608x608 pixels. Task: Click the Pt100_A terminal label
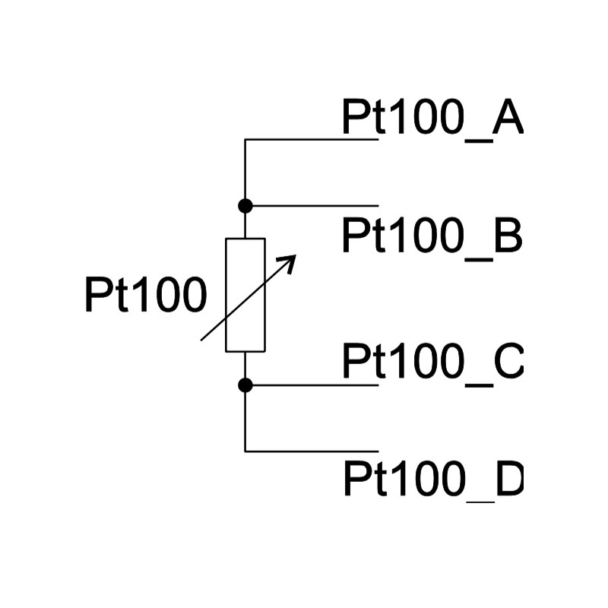coord(432,119)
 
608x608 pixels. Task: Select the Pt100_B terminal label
coord(432,237)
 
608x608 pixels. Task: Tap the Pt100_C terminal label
coord(432,363)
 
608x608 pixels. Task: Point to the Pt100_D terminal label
coord(433,480)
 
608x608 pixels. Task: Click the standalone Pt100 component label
coord(146,295)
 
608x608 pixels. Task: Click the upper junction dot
coord(245,205)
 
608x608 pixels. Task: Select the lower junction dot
coord(245,385)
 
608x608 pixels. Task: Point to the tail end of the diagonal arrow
coord(201,340)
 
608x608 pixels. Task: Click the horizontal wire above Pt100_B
coord(312,205)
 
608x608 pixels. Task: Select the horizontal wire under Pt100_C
coord(312,385)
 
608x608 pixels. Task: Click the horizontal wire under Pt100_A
coord(312,139)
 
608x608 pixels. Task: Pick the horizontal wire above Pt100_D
coord(312,451)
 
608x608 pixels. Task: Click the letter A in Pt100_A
coord(508,116)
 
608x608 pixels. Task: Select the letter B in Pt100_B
coord(508,235)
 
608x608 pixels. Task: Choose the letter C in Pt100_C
coord(508,360)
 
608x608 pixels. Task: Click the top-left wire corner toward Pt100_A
coord(245,139)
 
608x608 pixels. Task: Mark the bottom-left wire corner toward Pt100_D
coord(245,451)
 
